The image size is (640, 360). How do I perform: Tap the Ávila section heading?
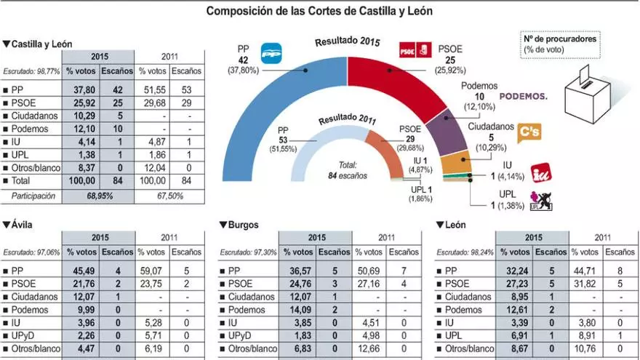[17, 224]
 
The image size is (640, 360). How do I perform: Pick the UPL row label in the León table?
[454, 336]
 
